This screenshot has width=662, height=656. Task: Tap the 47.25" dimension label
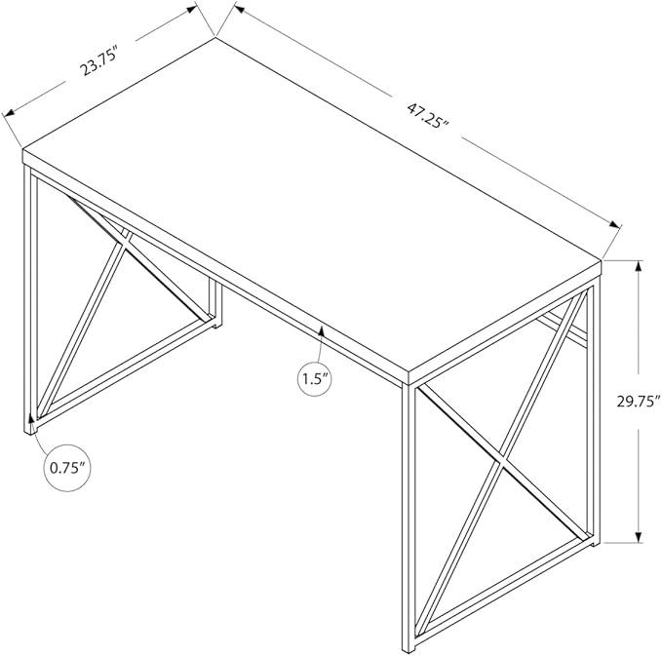point(427,116)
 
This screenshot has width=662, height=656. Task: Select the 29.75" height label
point(638,401)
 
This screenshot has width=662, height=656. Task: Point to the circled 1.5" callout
point(314,379)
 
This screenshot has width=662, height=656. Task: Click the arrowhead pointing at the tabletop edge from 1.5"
point(322,332)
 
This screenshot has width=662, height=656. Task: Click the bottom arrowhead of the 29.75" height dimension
point(639,535)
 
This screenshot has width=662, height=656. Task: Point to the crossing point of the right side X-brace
point(500,462)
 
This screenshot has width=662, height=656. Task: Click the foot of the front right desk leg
point(409,651)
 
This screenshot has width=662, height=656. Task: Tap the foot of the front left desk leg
point(30,431)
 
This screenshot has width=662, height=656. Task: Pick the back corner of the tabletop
point(215,38)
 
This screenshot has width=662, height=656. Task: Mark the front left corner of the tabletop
point(22,149)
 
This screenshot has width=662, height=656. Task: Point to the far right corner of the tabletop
point(601,261)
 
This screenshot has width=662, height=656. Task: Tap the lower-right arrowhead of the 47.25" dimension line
point(613,224)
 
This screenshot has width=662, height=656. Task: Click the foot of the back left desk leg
point(215,325)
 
